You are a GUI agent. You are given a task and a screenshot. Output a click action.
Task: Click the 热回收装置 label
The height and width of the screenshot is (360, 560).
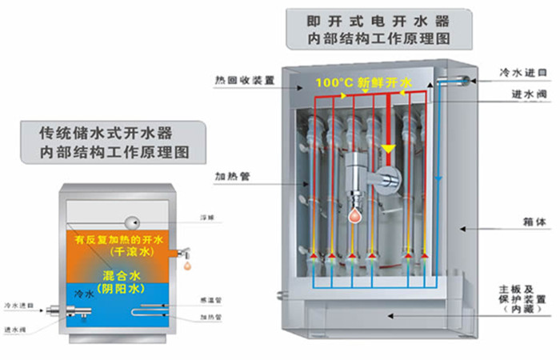coord(245,81)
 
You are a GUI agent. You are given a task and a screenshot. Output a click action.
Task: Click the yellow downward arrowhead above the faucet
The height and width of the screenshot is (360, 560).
coord(388,149)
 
